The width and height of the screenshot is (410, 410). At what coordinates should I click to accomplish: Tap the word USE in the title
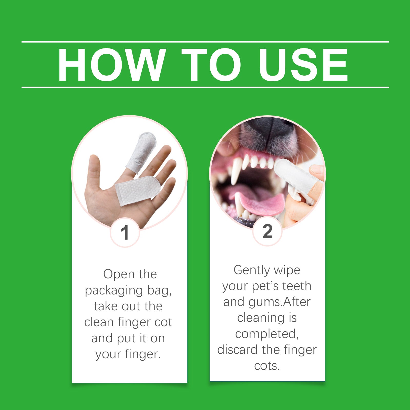[x=303, y=65]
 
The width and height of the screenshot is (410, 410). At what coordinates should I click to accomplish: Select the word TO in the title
[x=211, y=65]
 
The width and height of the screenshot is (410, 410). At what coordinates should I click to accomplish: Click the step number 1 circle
[x=125, y=233]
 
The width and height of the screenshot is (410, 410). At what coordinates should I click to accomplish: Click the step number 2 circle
[x=267, y=231]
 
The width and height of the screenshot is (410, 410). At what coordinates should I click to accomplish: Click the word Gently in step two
[x=252, y=270]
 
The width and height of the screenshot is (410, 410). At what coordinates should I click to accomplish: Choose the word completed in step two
[x=267, y=334]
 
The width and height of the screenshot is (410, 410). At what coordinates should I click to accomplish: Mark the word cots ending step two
[x=267, y=366]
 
